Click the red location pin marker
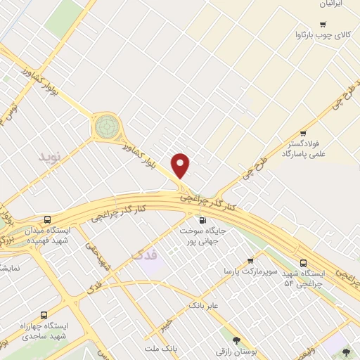click(x=181, y=166)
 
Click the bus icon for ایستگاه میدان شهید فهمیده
click(x=47, y=219)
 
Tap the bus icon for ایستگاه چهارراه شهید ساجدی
click(x=44, y=315)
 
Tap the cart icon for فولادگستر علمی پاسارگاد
click(x=303, y=134)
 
